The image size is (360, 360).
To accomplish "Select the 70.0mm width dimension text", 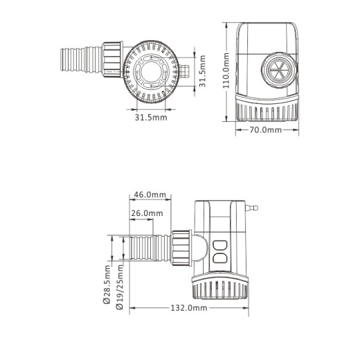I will pyautogui.click(x=266, y=129).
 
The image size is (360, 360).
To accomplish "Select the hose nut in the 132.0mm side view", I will pyautogui.click(x=181, y=246).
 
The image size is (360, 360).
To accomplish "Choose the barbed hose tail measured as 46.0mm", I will pyautogui.click(x=147, y=247).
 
